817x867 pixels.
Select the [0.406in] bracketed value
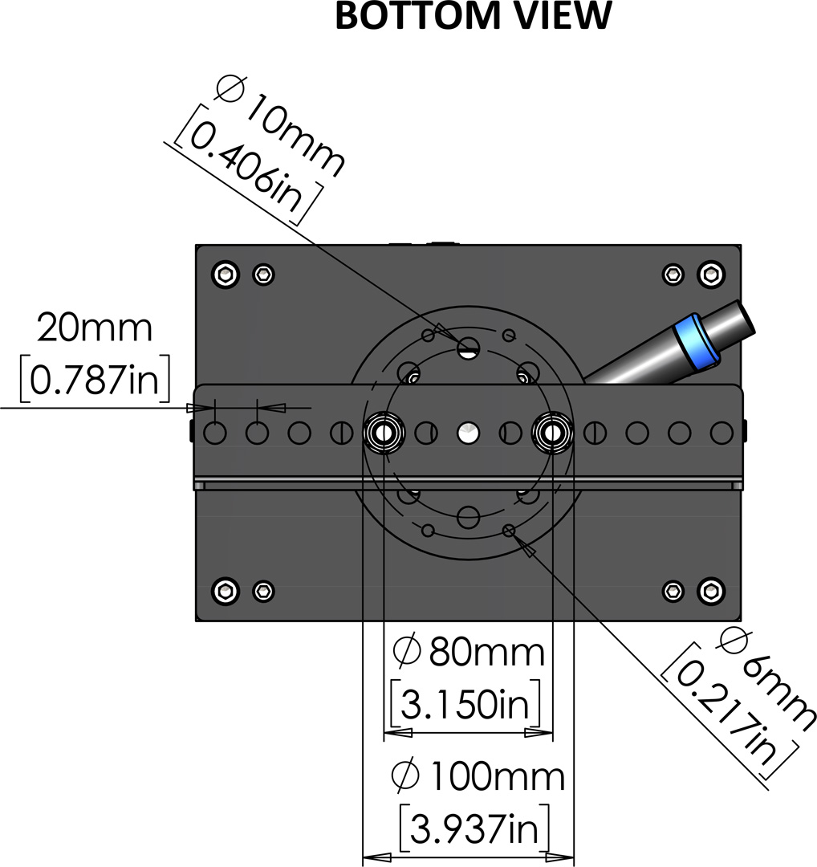(x=248, y=165)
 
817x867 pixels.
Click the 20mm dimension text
(x=95, y=328)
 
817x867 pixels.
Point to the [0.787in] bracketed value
(x=95, y=380)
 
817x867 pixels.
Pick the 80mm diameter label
(x=469, y=652)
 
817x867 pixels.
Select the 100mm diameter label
(x=478, y=776)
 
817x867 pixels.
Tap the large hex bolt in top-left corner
(x=226, y=275)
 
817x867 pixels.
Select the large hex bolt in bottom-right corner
(x=711, y=591)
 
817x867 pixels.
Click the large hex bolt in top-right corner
(x=711, y=275)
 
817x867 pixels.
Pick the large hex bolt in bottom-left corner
(x=226, y=591)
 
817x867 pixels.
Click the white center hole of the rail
(x=468, y=433)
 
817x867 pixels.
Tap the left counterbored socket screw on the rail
(x=384, y=433)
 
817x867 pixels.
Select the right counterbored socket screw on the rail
(x=553, y=433)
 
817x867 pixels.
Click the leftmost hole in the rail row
(x=215, y=433)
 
